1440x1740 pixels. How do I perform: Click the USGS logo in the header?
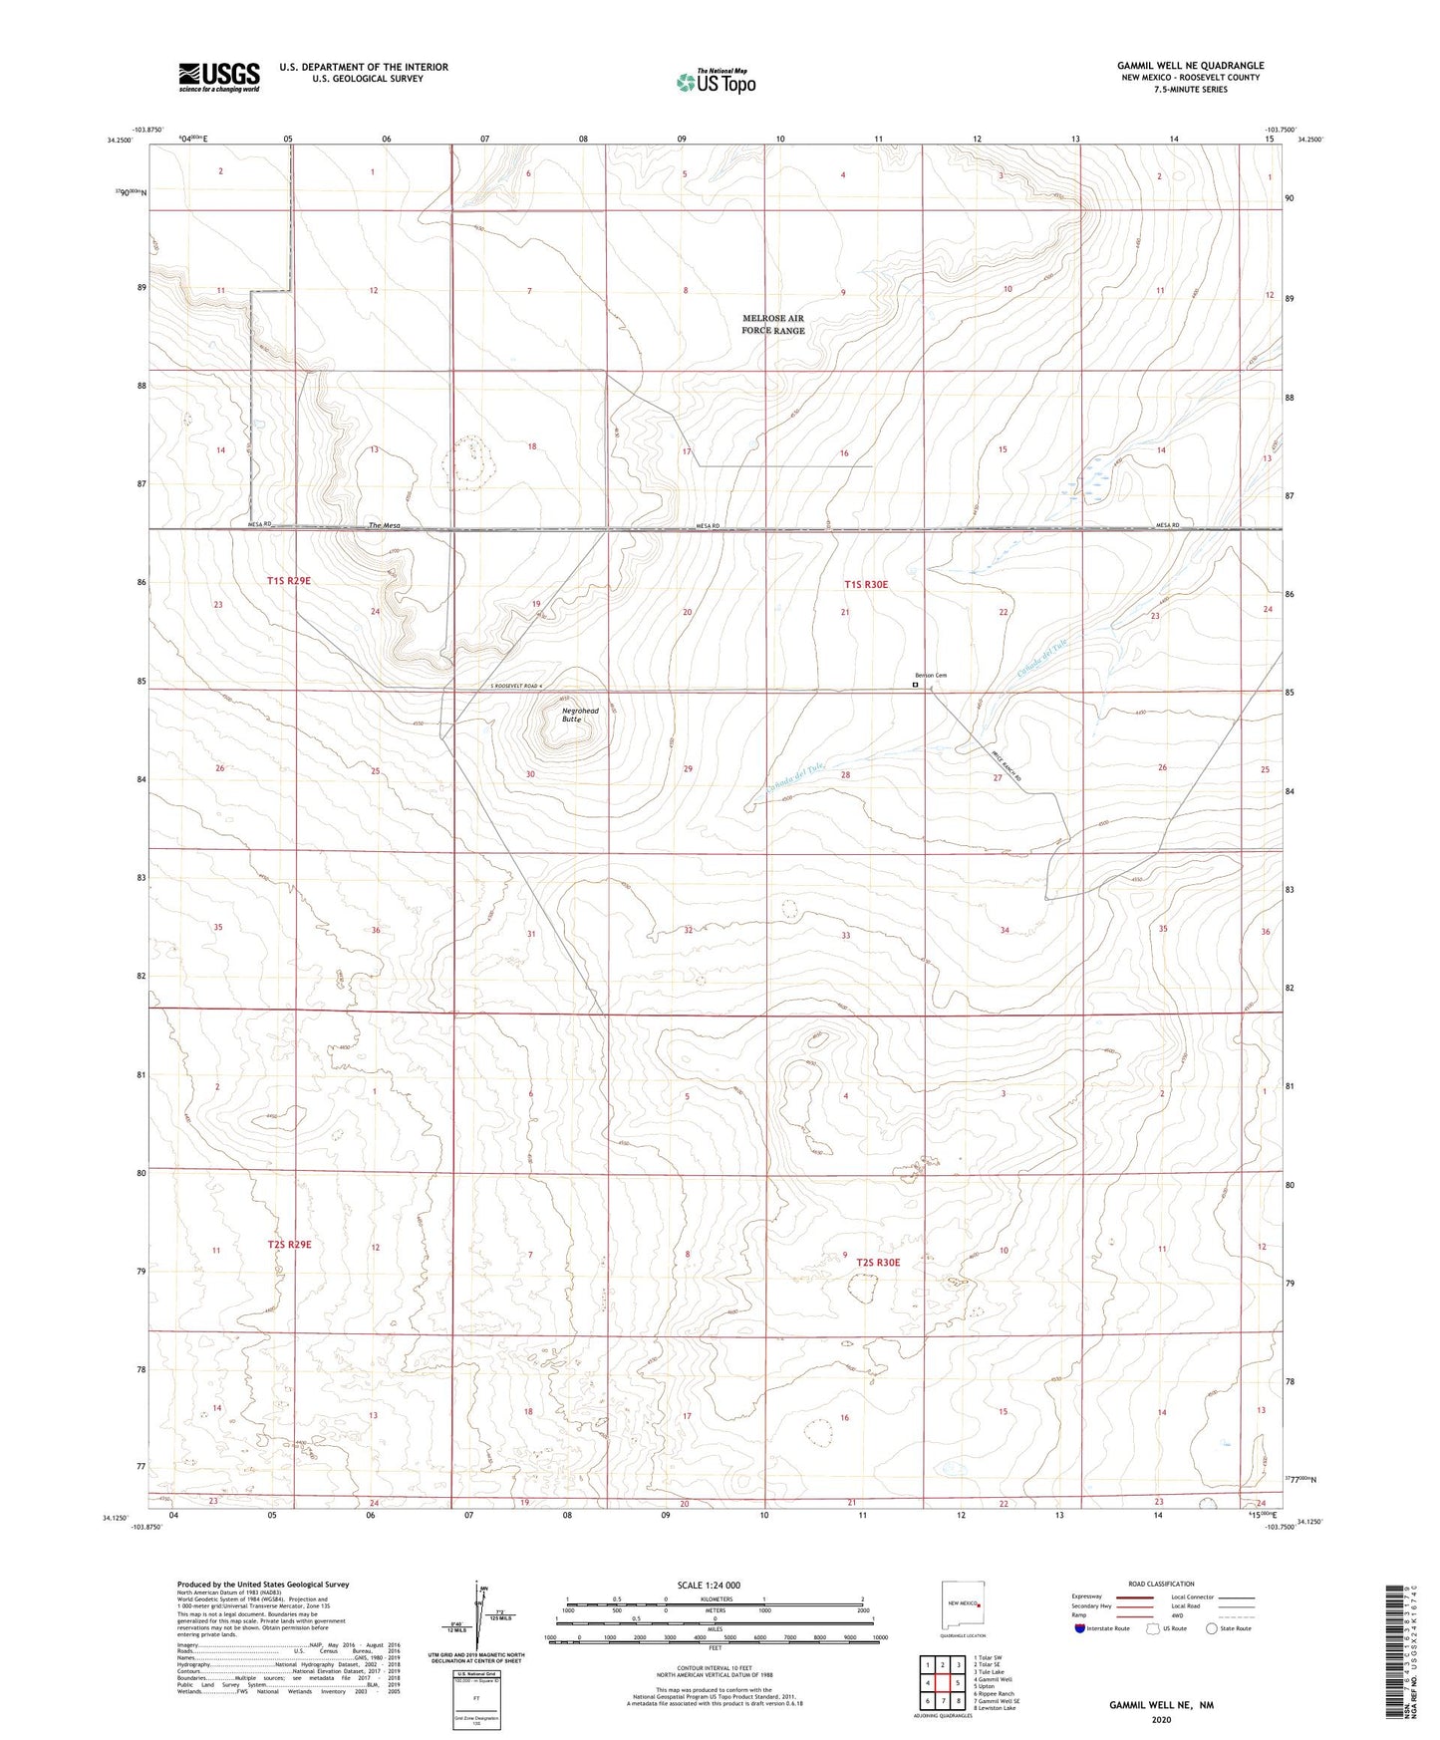219,77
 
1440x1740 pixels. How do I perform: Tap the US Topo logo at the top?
716,82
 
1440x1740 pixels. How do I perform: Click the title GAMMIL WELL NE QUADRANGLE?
1190,66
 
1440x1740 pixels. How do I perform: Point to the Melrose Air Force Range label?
772,325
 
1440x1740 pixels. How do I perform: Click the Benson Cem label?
930,676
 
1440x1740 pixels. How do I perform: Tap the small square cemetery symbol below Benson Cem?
916,686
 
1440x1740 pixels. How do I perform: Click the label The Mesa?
384,525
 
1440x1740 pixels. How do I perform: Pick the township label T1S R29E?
289,580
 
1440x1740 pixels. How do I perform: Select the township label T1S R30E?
865,585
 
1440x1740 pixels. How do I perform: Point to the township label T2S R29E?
289,1244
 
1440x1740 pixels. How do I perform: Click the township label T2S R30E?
878,1263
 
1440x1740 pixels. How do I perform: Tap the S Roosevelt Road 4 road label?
517,687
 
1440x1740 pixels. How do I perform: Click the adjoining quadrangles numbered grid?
942,1684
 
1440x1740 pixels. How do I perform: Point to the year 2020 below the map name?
1160,1720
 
